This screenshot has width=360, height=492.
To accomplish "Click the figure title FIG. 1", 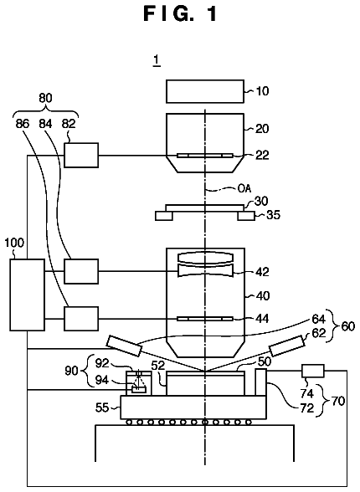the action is click(180, 14).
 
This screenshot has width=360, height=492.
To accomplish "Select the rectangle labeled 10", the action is click(205, 91).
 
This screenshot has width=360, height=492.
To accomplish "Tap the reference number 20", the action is click(262, 128).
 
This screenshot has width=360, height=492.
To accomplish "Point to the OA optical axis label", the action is click(244, 188).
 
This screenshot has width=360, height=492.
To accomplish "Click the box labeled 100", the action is click(28, 295).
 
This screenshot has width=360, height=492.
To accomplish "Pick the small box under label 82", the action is click(81, 155).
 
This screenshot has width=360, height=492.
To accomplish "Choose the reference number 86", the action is click(23, 124).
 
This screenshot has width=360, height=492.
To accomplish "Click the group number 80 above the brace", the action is click(45, 98).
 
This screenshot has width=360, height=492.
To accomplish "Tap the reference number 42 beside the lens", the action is click(262, 272).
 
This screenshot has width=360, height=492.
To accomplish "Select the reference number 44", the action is click(262, 319).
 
